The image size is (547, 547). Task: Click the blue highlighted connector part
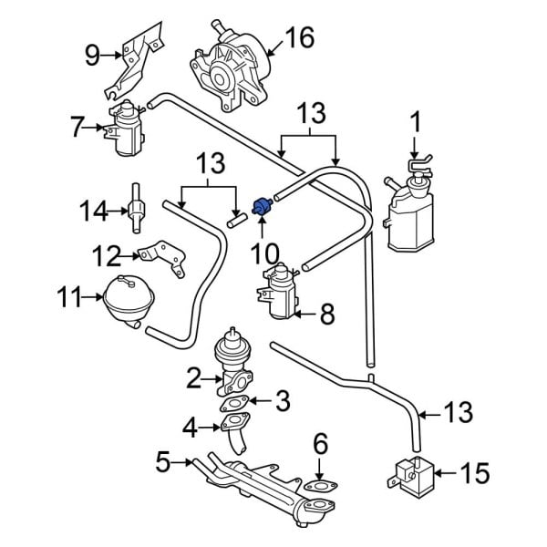click(x=263, y=206)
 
